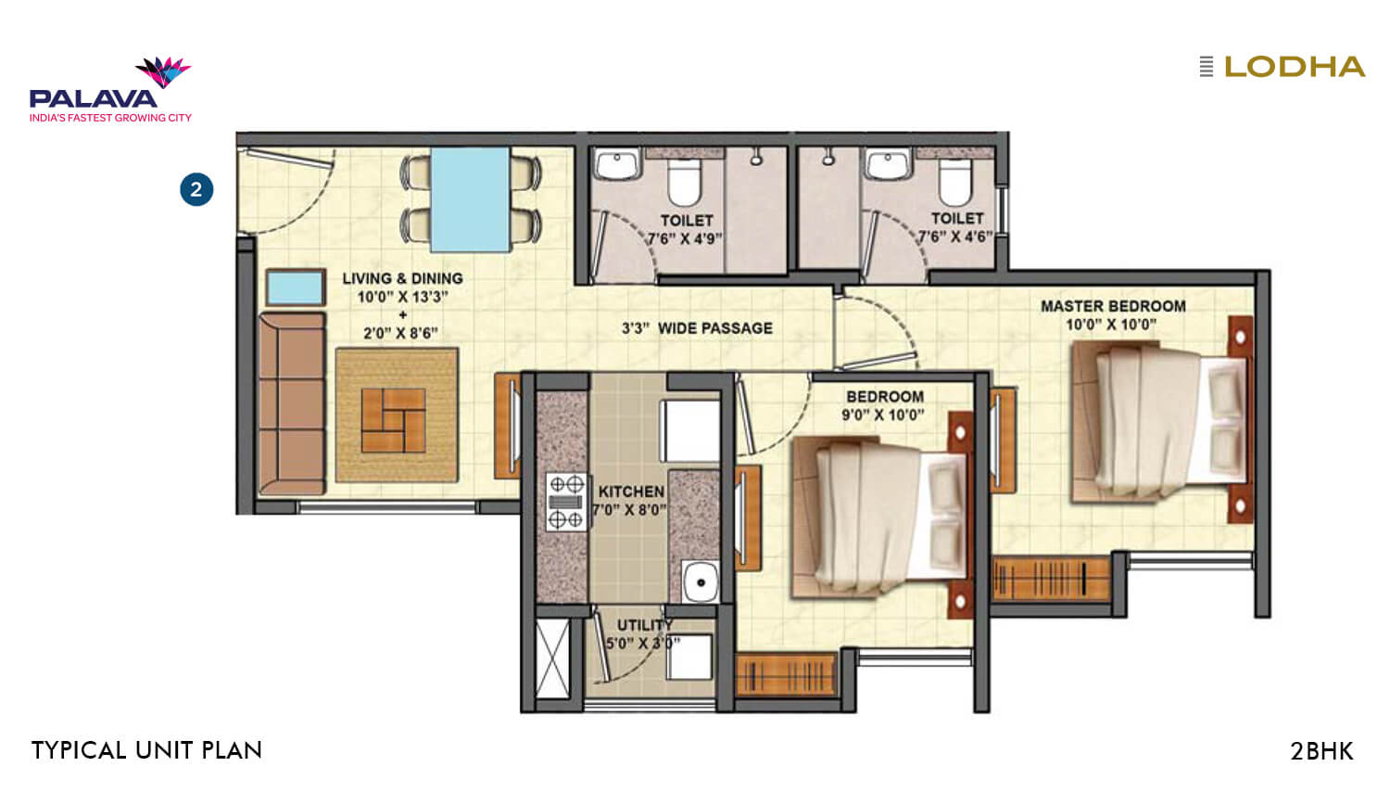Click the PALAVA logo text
[x=93, y=97]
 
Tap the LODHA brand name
[x=1294, y=67]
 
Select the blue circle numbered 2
[x=196, y=190]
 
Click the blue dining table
[x=470, y=198]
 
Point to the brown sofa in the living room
[x=292, y=403]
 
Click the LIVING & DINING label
[x=402, y=278]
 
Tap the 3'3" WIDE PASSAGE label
[x=697, y=328]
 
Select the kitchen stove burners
[x=566, y=501]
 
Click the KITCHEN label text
[x=631, y=492]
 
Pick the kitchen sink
[x=701, y=582]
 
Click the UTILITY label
[x=645, y=625]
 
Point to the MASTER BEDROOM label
[x=1112, y=306]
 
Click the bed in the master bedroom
[x=1158, y=422]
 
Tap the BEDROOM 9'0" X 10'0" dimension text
[x=882, y=415]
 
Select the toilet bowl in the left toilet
[x=686, y=181]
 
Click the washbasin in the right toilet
[x=888, y=164]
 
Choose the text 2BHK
[x=1321, y=750]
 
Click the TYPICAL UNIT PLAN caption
[x=146, y=750]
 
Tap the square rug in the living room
[x=397, y=415]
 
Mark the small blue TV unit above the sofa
[x=296, y=287]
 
